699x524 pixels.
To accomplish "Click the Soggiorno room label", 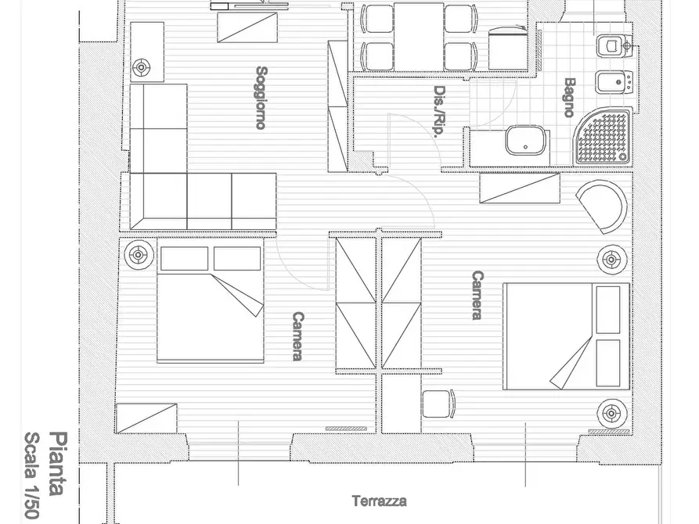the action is [261, 98].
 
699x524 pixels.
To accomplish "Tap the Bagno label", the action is [569, 98].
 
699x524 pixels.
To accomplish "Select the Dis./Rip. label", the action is [440, 111].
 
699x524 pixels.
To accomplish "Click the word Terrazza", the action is [380, 501].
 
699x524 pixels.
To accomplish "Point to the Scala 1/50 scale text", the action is [31, 476].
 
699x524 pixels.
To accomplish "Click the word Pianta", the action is [58, 464].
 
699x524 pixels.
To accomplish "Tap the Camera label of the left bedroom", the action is [298, 336].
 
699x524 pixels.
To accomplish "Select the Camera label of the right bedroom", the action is [477, 295].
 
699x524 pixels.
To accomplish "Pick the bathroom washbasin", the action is [525, 140].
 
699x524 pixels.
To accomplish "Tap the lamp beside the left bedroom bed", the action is [139, 255].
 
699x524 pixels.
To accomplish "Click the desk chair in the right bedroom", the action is [439, 404].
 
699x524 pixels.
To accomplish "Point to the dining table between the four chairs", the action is [419, 37].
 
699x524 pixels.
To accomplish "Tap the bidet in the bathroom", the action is [614, 82].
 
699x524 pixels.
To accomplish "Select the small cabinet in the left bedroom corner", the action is [146, 418].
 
